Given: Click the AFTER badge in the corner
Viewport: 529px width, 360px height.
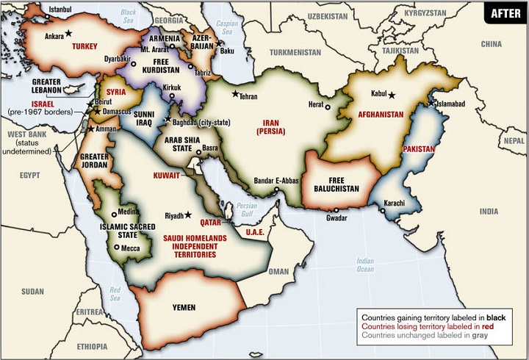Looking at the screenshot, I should coord(505,13).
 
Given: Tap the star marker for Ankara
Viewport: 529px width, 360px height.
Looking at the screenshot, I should coord(68,33).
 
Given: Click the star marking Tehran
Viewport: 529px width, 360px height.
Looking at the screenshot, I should coord(235,94).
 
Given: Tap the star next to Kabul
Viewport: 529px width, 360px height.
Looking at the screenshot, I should coord(392,95).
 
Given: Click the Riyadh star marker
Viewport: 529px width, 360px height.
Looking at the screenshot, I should coord(188,215).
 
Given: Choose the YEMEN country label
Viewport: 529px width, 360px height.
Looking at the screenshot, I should coord(187,307).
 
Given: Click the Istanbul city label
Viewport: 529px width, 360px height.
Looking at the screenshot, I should coord(61,9).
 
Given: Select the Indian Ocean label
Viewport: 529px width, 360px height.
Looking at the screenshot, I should coord(364,265).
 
